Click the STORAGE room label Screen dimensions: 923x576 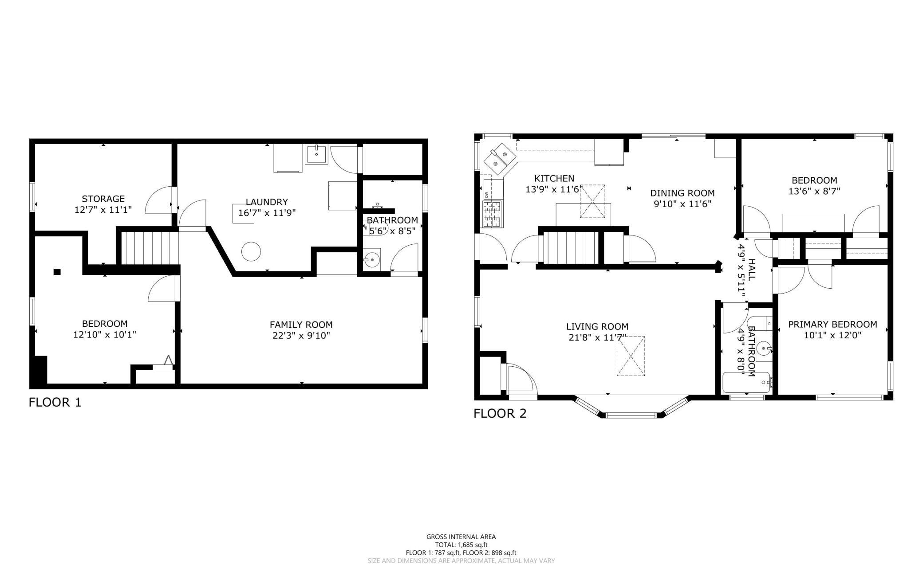point(103,199)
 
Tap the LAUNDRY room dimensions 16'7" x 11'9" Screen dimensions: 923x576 point(267,213)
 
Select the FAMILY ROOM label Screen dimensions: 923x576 point(301,325)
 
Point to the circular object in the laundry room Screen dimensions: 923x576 point(250,251)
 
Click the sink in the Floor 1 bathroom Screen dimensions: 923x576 point(372,259)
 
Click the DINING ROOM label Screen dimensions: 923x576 point(682,193)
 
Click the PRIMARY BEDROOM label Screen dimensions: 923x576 point(832,324)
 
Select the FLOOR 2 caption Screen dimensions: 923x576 point(500,413)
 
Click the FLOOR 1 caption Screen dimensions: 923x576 point(55,402)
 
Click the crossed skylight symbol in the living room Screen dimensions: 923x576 point(631,356)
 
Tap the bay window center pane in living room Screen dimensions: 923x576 point(631,415)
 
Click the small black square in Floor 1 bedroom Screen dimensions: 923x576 point(57,272)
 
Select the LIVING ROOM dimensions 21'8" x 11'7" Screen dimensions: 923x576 point(597,337)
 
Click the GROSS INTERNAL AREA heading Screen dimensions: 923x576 point(461,537)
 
